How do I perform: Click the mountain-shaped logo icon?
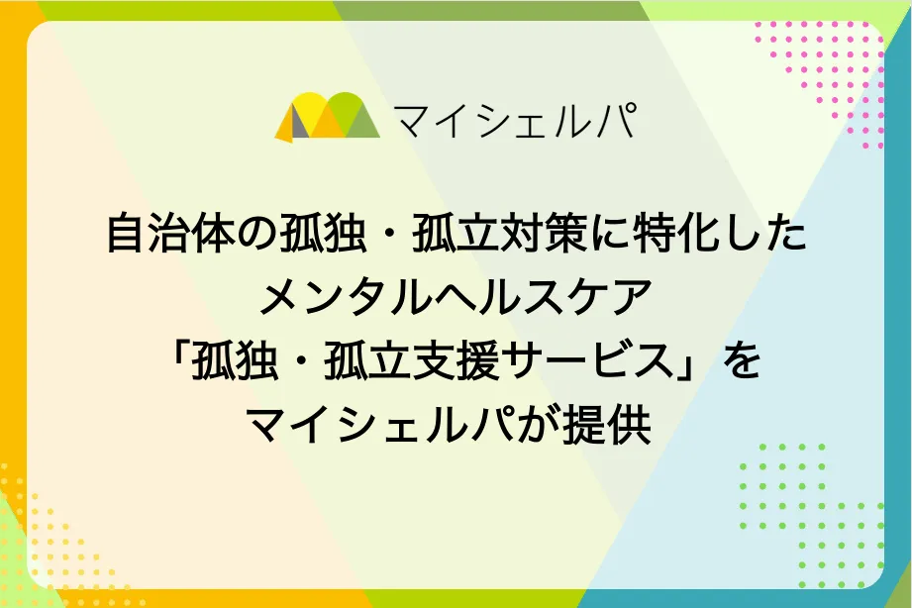[x=328, y=117]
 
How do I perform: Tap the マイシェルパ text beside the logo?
[x=515, y=121]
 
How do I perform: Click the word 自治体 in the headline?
[x=170, y=234]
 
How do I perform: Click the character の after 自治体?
[x=256, y=234]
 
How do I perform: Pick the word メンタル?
[x=345, y=297]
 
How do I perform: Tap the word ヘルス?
[x=497, y=297]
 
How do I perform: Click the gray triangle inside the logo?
[x=299, y=124]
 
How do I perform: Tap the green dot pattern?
[x=812, y=516]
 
